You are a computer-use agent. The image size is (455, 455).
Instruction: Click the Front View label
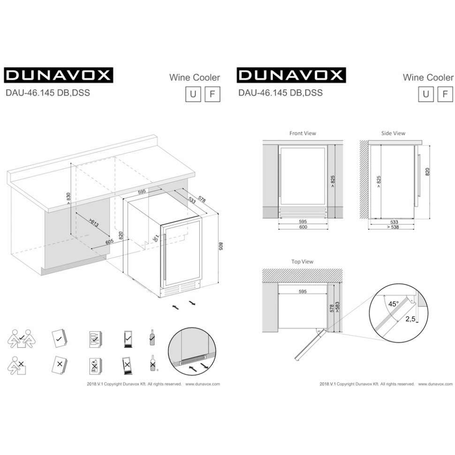coord(303,133)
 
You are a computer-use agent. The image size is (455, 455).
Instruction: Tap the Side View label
coord(393,133)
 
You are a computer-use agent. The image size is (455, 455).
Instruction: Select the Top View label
coord(303,262)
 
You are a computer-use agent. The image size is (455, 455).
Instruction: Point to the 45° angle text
coord(393,303)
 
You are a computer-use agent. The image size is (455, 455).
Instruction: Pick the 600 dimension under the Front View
coord(303,227)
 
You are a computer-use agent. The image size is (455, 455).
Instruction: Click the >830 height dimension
coord(68,199)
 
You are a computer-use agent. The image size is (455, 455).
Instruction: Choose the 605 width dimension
coord(110,242)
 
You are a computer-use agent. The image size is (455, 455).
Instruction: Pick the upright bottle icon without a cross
coord(152,337)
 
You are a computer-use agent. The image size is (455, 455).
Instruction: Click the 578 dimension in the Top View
coord(331,308)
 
